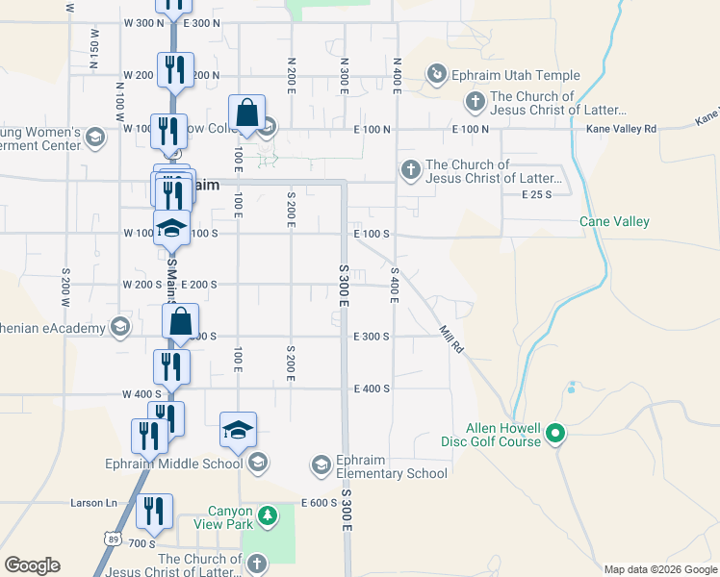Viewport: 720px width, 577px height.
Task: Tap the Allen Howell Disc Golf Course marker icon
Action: point(554,436)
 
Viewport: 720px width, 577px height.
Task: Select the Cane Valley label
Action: point(614,221)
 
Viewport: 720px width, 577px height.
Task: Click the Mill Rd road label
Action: point(450,339)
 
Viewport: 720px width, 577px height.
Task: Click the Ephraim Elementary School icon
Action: point(321,465)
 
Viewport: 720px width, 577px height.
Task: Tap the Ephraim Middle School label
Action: point(173,464)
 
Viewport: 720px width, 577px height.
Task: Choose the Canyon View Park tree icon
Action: point(270,517)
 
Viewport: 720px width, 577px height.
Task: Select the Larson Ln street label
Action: point(93,503)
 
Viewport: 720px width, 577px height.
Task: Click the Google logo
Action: point(33,565)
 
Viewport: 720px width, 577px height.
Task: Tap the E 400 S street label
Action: point(372,389)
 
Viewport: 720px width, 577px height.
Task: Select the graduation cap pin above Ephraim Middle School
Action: point(239,431)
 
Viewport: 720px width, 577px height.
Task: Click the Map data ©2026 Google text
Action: point(660,569)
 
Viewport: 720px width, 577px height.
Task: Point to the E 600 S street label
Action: point(319,503)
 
